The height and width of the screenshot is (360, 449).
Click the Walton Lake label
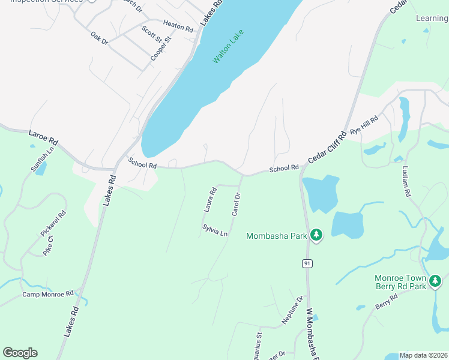230,47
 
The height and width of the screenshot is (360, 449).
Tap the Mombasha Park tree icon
316,235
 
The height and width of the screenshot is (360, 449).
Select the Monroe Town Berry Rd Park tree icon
436,280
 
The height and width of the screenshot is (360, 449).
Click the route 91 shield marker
307,263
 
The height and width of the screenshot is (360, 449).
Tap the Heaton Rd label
178,27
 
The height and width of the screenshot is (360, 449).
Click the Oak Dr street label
99,38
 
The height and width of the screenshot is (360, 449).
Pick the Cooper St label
161,48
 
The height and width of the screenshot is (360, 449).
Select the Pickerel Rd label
53,223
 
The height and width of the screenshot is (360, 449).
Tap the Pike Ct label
48,245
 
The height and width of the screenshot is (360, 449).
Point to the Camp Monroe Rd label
48,293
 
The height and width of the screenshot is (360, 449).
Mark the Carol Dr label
236,205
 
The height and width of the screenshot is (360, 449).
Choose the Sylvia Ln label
215,230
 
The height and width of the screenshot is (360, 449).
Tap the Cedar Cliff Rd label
328,146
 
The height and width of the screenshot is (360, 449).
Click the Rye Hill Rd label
364,125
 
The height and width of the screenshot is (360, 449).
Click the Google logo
20,353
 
